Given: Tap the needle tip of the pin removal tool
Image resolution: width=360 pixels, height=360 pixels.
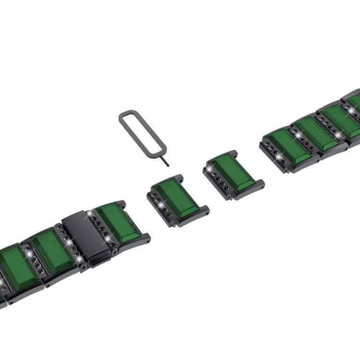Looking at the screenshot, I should coord(168,165).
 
